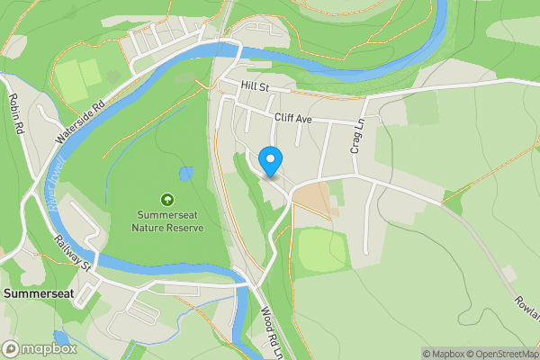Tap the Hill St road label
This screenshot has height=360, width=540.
coord(255,85)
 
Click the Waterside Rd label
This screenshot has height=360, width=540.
coord(80,119)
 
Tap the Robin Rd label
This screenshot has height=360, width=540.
coord(15,113)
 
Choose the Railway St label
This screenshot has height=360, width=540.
coord(73,253)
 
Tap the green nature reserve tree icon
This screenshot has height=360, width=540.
coord(166,199)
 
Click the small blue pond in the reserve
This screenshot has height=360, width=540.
coord(185,173)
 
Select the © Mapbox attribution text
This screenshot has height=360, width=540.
coord(440,354)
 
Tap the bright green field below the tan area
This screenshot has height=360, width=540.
coord(321,249)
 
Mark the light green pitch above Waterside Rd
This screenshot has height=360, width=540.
coord(90,71)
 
